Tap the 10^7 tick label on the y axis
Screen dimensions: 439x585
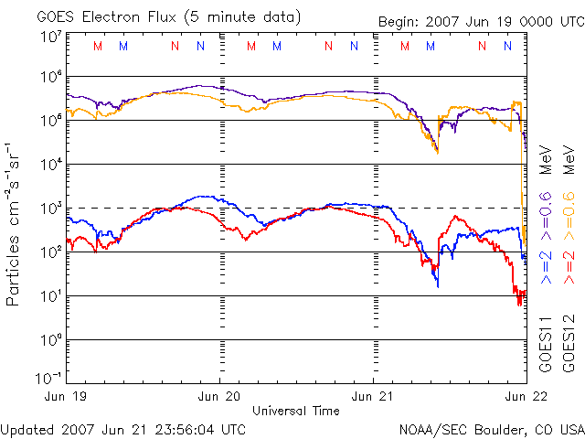(51, 37)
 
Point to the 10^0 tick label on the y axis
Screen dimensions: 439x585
(51, 339)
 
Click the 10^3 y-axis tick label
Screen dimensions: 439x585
(51, 209)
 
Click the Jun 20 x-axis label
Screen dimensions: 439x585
(220, 397)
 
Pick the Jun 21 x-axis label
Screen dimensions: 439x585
(375, 397)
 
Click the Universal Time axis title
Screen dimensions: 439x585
(296, 411)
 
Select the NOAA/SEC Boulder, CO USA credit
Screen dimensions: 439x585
(491, 428)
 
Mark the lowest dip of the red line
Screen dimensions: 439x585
(519, 302)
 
